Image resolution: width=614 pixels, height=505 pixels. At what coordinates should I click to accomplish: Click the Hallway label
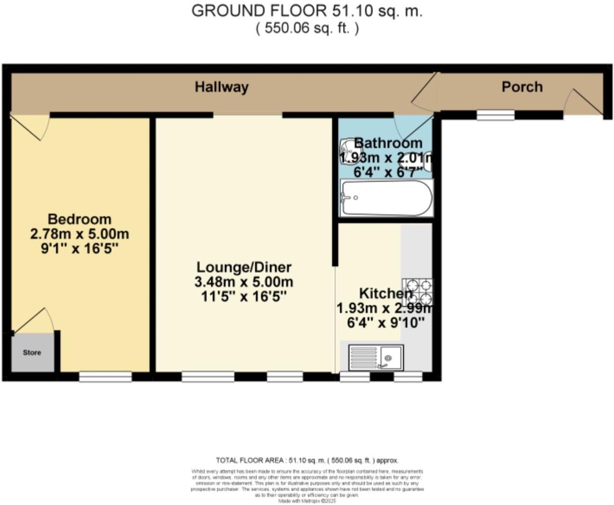(221, 87)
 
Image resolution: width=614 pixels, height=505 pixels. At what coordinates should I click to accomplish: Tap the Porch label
(522, 87)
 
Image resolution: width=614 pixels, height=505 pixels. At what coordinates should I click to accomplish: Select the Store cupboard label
(32, 353)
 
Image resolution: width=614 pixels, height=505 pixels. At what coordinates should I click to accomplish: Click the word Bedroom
(80, 219)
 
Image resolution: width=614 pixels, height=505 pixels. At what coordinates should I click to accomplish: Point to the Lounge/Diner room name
(244, 267)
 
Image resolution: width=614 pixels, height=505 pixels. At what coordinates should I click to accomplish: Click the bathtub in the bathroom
(387, 198)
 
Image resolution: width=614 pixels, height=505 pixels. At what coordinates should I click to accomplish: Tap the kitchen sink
(376, 357)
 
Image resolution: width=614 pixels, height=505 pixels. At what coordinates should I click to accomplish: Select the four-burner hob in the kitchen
(417, 292)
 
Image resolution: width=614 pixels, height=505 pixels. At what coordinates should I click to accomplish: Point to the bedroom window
(105, 376)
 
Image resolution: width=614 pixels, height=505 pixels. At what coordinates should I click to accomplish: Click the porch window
(495, 115)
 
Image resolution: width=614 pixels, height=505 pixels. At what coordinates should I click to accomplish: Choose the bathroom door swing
(413, 126)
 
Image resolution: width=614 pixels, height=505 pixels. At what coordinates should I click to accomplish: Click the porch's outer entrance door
(583, 102)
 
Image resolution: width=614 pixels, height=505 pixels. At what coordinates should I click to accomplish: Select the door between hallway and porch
(424, 90)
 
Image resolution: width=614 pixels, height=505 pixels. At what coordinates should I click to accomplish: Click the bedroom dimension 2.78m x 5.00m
(80, 234)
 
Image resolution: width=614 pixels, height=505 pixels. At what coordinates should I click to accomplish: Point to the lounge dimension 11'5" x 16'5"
(244, 297)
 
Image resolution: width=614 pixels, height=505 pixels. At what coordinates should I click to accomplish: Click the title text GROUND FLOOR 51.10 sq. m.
(307, 11)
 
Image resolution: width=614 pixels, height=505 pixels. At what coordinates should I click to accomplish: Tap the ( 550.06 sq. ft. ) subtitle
(307, 28)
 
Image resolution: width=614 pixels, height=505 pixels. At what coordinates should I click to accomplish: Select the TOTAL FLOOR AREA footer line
(307, 460)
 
